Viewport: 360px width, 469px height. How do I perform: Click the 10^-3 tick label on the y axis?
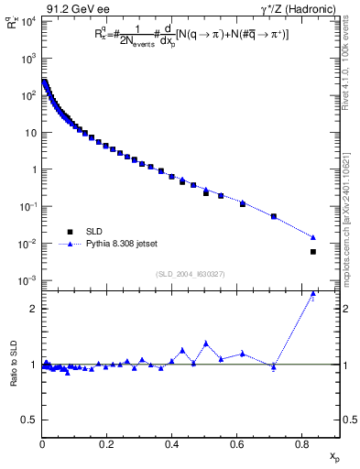pos(27,280)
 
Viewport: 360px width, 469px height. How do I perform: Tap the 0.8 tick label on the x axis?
pos(302,444)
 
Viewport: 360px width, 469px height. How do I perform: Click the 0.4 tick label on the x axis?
pos(172,444)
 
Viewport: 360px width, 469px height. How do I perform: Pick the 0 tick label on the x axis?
pos(42,444)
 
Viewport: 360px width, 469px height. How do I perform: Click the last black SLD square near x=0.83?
pos(313,252)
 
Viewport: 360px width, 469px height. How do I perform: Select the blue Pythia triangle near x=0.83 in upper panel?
pos(313,237)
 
